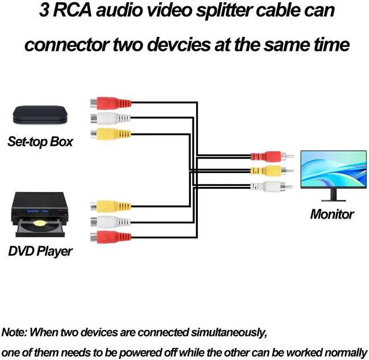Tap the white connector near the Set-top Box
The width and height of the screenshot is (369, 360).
point(111,119)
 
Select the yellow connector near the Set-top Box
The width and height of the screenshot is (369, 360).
point(111,134)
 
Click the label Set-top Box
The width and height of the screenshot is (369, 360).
point(40,141)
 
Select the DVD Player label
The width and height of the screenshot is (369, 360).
point(40,252)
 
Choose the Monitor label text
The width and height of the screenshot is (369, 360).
point(332,215)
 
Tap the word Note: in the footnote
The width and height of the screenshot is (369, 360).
point(14,332)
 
